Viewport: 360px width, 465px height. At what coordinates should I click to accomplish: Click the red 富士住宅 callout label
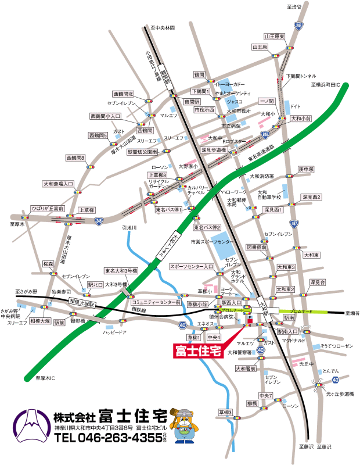(198, 351)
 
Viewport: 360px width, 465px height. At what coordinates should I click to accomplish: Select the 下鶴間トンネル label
(301, 76)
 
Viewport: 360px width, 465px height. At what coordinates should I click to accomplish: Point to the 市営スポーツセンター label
(214, 241)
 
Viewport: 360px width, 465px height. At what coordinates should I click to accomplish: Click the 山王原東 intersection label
(274, 36)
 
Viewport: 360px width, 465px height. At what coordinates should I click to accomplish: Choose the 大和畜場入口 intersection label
(59, 184)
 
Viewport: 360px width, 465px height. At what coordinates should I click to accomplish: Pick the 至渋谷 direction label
(294, 6)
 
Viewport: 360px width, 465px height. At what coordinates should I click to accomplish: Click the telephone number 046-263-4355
(107, 438)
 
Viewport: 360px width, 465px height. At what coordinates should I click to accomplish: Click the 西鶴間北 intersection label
(123, 94)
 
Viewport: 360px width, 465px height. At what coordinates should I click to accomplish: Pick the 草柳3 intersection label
(225, 413)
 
